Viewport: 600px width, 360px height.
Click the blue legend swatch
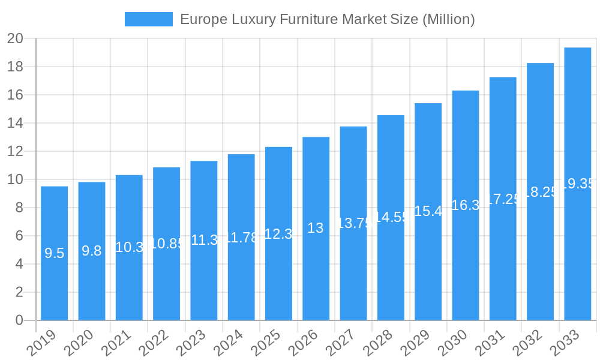(x=148, y=19)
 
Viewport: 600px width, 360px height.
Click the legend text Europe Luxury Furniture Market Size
(x=327, y=19)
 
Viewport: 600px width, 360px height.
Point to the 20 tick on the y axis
(x=15, y=38)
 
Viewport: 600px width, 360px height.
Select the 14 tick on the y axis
(x=15, y=123)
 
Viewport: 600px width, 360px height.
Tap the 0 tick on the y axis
(x=19, y=320)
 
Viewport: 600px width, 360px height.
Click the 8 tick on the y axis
(x=19, y=208)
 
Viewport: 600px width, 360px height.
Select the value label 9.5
(x=54, y=253)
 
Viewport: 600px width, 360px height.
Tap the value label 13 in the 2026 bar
(x=316, y=228)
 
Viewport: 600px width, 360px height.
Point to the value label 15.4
(x=428, y=211)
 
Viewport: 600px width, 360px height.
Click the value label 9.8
(x=91, y=251)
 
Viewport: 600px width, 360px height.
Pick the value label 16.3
(x=465, y=205)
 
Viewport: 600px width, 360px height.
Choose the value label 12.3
(x=278, y=234)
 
